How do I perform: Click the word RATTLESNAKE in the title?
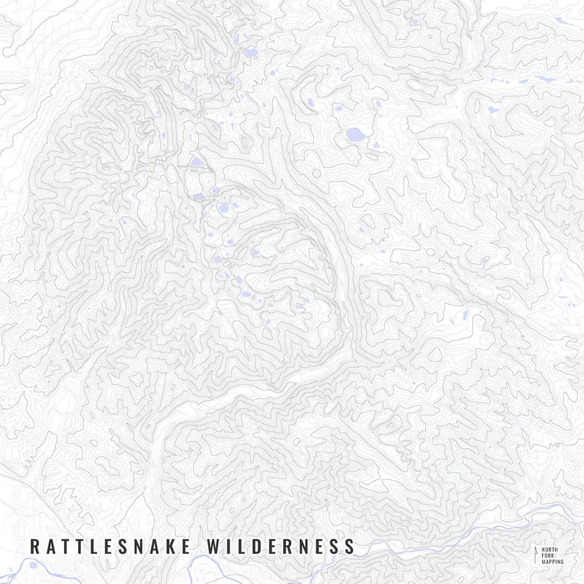(110, 546)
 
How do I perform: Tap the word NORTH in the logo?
(549, 549)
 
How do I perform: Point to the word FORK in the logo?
(547, 555)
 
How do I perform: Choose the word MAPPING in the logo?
(552, 562)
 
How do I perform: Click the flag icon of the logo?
(535, 555)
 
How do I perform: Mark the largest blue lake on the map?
(355, 135)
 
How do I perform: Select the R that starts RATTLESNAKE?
(34, 546)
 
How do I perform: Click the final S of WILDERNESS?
(349, 546)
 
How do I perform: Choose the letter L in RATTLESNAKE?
(93, 546)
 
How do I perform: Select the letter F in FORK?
(543, 555)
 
